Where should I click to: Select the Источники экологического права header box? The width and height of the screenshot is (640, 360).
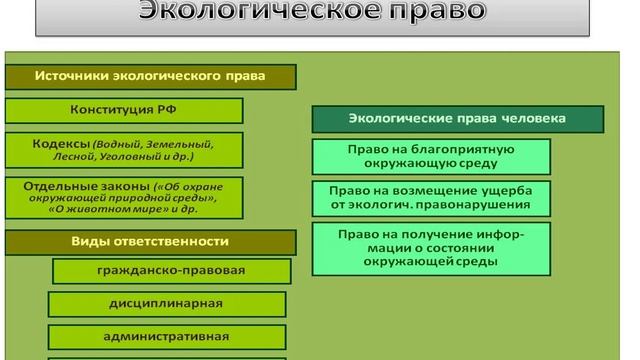click(150, 76)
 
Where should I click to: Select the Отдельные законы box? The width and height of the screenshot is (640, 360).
click(150, 196)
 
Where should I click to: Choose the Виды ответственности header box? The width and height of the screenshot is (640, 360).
click(150, 241)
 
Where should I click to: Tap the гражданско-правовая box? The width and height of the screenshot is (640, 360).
click(171, 271)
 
